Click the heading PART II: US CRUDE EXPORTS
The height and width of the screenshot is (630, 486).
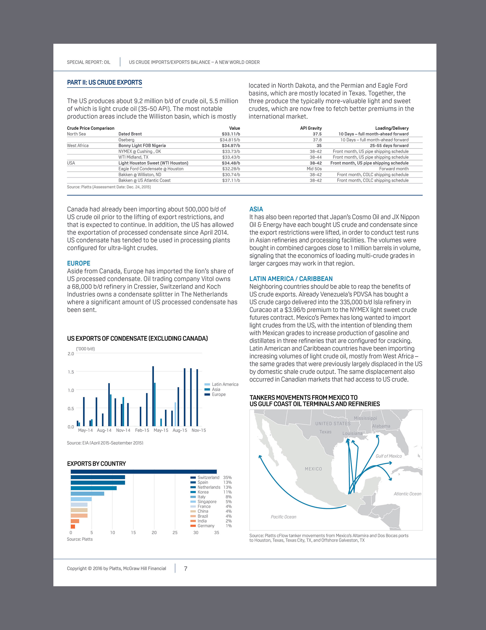(105, 82)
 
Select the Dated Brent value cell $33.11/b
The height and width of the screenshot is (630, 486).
(231, 134)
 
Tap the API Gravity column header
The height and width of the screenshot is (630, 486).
(311, 128)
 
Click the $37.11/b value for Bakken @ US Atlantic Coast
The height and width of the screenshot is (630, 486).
(231, 180)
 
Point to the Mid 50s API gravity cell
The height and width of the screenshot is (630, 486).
(314, 169)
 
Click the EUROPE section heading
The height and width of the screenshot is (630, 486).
(79, 263)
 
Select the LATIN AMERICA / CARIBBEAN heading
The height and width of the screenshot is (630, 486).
(291, 279)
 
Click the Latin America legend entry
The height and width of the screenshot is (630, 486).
(221, 384)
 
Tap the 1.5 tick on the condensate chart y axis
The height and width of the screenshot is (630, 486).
(71, 372)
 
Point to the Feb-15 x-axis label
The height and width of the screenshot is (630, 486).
(142, 430)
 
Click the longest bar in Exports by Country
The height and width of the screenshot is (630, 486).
(144, 472)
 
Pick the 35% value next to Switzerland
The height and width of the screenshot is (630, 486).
(227, 477)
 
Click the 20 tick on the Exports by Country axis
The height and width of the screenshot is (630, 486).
(154, 532)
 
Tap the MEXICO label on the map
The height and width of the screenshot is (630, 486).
(313, 469)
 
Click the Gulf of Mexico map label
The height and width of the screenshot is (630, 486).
(389, 456)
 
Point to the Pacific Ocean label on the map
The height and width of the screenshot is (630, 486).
(283, 517)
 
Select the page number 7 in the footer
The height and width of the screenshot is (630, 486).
(186, 569)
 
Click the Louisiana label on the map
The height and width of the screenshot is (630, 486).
(352, 433)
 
